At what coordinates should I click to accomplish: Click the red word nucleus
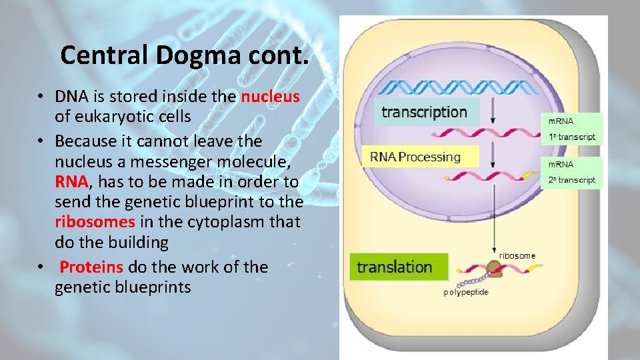click(270, 97)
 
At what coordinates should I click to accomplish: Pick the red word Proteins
click(91, 267)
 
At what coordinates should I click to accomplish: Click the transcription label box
click(424, 112)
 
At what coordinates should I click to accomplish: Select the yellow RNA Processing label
click(415, 157)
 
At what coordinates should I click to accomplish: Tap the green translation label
click(395, 267)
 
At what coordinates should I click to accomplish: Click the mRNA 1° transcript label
click(571, 129)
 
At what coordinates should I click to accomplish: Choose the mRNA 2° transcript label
click(571, 172)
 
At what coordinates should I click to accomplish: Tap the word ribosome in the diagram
click(517, 255)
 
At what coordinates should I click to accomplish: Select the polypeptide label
click(466, 292)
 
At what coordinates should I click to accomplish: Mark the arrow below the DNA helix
click(491, 110)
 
